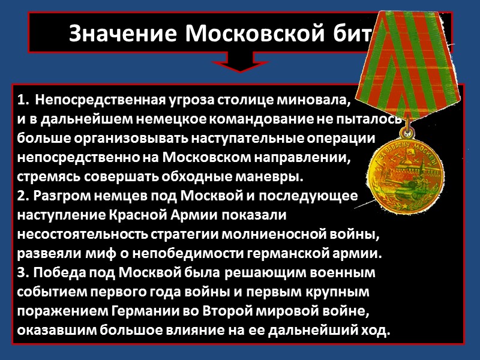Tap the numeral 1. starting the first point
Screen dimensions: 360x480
coord(23,98)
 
